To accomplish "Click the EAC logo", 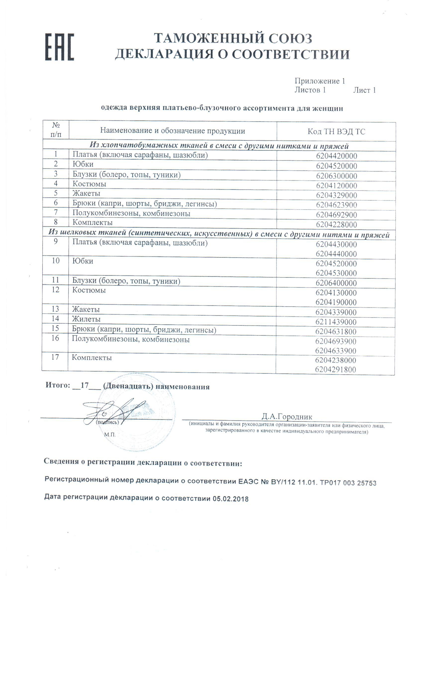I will click(x=60, y=47).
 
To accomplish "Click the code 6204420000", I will click(x=336, y=156).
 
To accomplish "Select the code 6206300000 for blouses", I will click(x=336, y=176).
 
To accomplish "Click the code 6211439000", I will click(x=336, y=322).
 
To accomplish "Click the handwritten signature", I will click(x=113, y=412).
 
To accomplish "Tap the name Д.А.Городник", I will click(x=287, y=416).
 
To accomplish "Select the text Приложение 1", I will click(x=319, y=81).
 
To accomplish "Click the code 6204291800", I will click(x=335, y=369).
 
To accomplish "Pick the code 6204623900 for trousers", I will click(x=336, y=205).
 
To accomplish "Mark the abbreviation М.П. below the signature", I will click(x=110, y=435).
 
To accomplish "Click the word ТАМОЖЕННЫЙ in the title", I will click(x=209, y=39).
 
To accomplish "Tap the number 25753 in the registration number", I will click(x=367, y=483).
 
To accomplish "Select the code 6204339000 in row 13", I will click(x=336, y=312).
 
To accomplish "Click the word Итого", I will click(x=58, y=385).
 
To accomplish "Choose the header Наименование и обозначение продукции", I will click(x=172, y=130).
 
